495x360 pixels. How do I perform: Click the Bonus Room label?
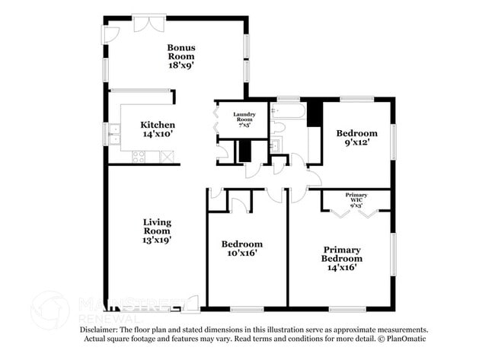181,51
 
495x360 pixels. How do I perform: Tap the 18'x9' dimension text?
181,65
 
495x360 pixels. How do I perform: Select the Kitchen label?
158,125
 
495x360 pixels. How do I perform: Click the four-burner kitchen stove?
139,157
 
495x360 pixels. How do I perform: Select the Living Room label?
158,226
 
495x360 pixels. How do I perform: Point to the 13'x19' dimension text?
158,240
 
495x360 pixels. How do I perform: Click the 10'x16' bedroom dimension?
242,253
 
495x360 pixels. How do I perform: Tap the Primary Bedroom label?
342,254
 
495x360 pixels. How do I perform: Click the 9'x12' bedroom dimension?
356,142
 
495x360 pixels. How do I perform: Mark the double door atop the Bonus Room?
149,23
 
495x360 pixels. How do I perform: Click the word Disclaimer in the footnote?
100,330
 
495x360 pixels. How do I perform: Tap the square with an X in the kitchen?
166,156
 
